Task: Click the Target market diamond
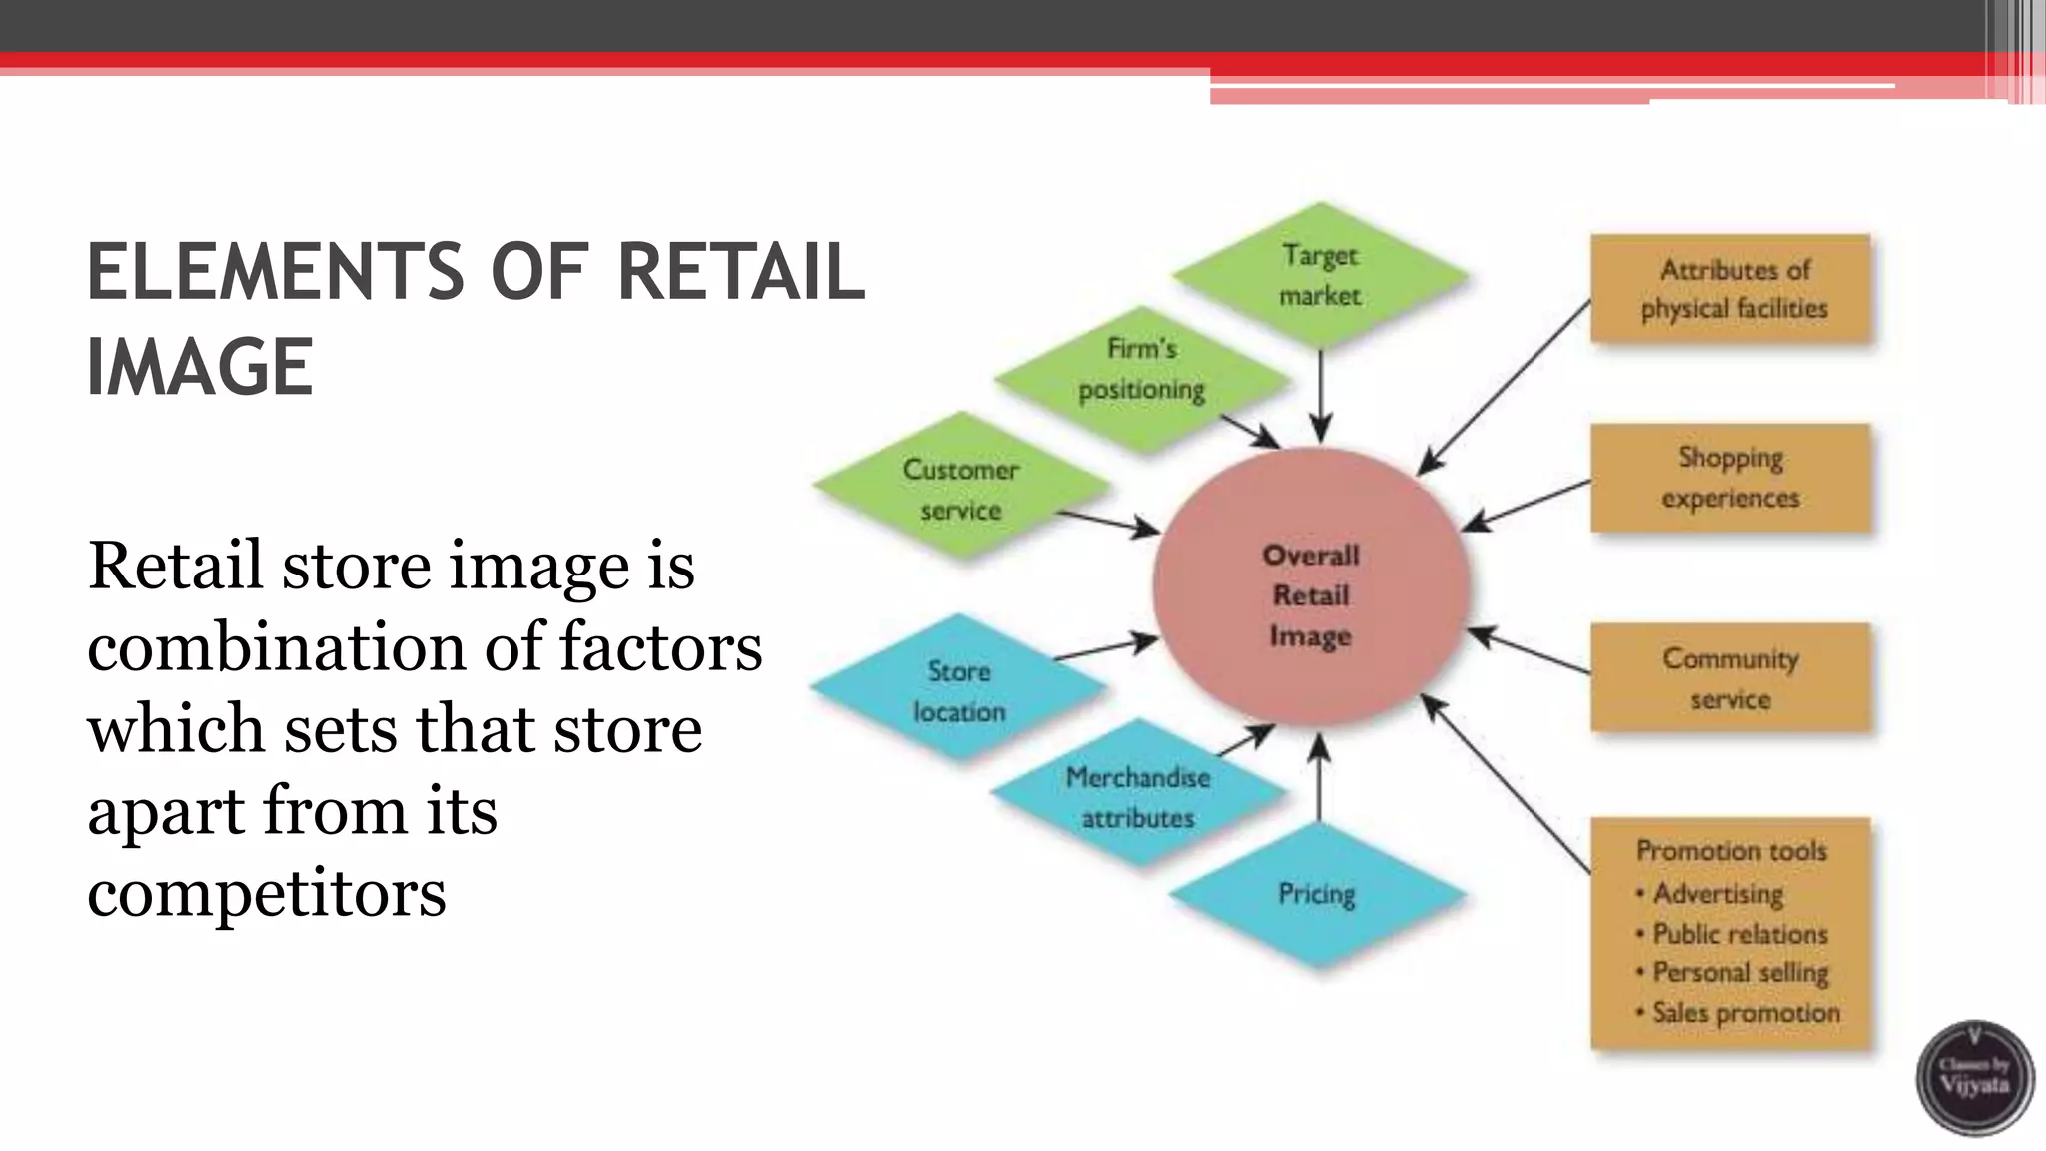(x=1320, y=275)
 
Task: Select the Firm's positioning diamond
(x=1142, y=369)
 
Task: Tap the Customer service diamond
(x=961, y=489)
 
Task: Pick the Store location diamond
(x=958, y=690)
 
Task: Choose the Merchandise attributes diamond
(x=1138, y=797)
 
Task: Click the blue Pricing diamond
(x=1317, y=894)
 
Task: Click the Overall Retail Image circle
(x=1310, y=594)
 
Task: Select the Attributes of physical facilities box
(x=1730, y=289)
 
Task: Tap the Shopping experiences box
(x=1730, y=478)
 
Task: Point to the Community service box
(x=1730, y=678)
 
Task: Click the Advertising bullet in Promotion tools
(x=1717, y=893)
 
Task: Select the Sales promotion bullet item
(x=1744, y=1013)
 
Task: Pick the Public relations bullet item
(x=1739, y=934)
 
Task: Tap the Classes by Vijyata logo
(x=1974, y=1078)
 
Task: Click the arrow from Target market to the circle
(x=1320, y=395)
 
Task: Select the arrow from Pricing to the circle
(x=1319, y=779)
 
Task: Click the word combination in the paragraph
(x=276, y=646)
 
